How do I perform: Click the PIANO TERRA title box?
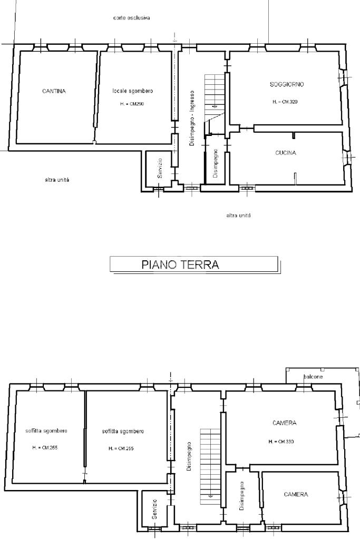coord(193,264)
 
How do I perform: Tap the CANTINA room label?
coord(54,91)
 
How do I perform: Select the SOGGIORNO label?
coord(287,84)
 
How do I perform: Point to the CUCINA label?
coord(285,153)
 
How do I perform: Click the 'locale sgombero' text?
coord(133,91)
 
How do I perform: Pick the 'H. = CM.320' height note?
coord(285,102)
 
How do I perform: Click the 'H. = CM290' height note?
coord(132,103)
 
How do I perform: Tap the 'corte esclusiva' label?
coord(131,17)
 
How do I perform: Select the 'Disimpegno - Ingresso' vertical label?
coord(192,118)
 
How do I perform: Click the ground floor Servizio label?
coord(160,168)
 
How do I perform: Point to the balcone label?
coord(313,377)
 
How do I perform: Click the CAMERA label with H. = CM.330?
coord(284,423)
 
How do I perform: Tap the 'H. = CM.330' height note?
coord(281,442)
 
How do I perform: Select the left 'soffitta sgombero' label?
coord(46,430)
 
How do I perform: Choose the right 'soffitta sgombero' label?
coord(123,432)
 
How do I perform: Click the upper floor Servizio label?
coord(154,509)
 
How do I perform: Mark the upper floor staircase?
coord(210,466)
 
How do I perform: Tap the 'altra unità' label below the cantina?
coord(57,180)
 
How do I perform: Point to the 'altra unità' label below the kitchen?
coord(239,215)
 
